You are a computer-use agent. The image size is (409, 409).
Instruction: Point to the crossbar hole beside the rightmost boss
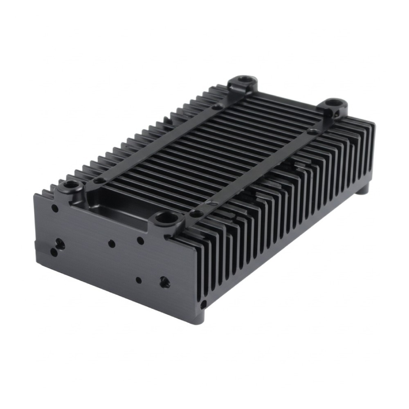(x=312, y=132)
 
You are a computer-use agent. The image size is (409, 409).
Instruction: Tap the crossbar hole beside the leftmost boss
(x=99, y=180)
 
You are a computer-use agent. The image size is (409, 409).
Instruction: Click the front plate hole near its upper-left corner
(x=54, y=208)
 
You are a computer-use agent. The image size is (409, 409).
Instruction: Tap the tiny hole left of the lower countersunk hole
(x=139, y=280)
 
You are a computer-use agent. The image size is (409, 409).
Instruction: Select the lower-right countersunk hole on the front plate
(x=165, y=281)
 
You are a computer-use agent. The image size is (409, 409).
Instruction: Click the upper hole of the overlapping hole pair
(x=60, y=243)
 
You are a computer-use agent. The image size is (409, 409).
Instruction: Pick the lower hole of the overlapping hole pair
(x=54, y=252)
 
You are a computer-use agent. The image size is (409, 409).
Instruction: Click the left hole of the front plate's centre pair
(x=111, y=243)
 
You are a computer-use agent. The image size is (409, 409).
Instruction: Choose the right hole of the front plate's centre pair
(x=140, y=240)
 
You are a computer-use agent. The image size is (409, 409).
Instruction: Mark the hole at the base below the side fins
(x=203, y=304)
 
